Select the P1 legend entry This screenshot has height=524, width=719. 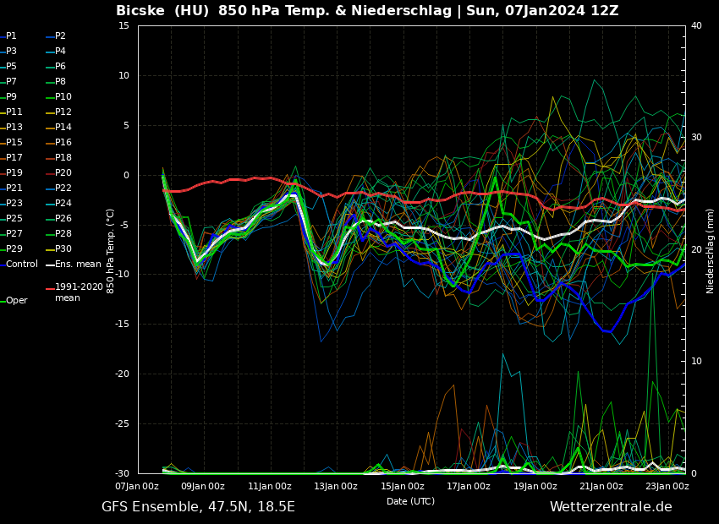click(11, 36)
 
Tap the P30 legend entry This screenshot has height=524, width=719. click(63, 249)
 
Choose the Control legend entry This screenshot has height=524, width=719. click(21, 265)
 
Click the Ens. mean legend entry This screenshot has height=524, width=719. click(78, 265)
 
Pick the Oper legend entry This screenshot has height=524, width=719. click(16, 301)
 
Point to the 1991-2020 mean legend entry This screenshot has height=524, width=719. click(79, 292)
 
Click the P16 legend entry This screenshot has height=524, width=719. click(63, 143)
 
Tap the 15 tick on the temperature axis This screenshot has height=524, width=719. click(123, 26)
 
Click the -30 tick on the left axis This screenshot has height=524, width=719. click(121, 473)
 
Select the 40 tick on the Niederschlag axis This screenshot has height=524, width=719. click(696, 26)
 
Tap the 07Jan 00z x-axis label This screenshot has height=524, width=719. click(137, 486)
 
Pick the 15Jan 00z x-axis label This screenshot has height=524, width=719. click(403, 486)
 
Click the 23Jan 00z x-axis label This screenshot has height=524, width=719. click(667, 486)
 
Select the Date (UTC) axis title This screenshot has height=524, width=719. click(410, 501)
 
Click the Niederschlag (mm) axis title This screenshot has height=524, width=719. click(711, 250)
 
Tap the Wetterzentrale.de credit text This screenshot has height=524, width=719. click(611, 507)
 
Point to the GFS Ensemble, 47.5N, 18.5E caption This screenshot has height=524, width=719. click(198, 507)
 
